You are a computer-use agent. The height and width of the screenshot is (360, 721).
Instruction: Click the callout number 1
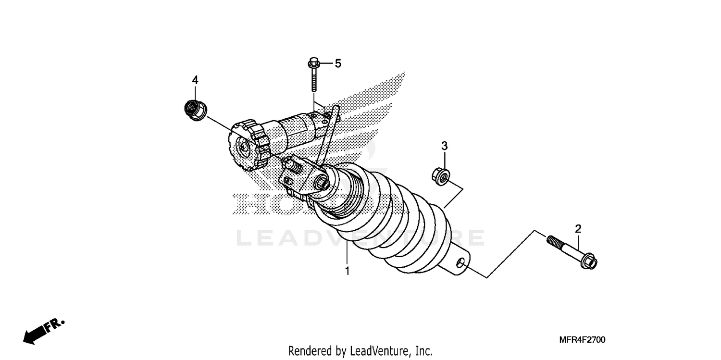click(x=347, y=271)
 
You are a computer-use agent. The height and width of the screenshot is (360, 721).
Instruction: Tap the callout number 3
click(x=445, y=145)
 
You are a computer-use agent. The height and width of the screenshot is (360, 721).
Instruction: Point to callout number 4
click(x=195, y=80)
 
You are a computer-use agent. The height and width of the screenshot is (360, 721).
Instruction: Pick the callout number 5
click(x=338, y=63)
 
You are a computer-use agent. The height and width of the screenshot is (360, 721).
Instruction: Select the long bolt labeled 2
click(x=572, y=250)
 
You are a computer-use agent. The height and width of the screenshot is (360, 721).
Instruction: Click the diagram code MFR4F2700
click(x=582, y=340)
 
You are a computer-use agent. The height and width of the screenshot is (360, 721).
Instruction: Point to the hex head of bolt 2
click(x=590, y=262)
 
